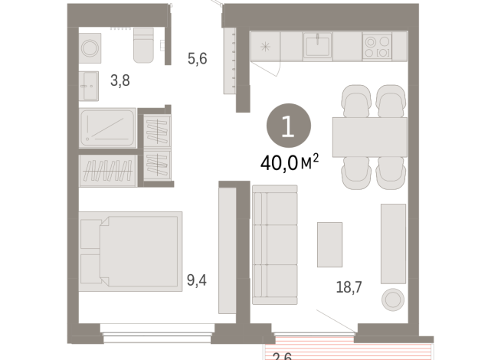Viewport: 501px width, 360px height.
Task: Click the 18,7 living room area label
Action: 348,287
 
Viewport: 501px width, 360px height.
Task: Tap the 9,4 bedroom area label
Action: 197,280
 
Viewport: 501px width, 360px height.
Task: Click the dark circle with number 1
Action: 287,126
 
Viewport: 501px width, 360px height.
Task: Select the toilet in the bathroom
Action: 144,45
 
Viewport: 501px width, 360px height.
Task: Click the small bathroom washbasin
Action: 88,85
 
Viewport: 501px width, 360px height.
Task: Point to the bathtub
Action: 108,127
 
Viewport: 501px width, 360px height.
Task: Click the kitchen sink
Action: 317,47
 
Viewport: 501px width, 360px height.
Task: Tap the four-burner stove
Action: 375,46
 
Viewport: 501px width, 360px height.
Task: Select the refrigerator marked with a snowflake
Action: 265,47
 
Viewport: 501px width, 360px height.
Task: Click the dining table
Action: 369,136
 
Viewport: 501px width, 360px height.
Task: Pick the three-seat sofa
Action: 274,244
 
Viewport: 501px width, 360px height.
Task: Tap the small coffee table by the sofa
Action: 330,243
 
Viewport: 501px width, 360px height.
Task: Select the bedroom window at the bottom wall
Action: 156,330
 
